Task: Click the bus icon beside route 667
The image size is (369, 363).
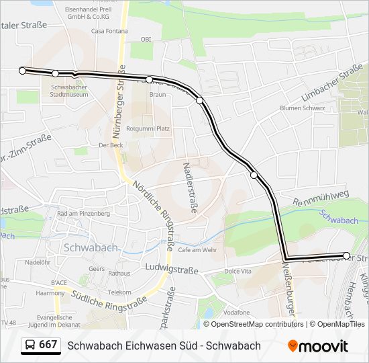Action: (30, 346)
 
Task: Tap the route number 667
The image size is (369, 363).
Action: (48, 345)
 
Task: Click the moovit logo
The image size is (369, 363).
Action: (318, 346)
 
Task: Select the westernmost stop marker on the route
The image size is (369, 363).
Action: (23, 71)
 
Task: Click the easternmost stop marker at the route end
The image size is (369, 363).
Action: (346, 255)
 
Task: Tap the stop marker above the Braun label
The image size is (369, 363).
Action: (150, 79)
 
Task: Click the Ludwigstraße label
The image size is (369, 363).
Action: (171, 270)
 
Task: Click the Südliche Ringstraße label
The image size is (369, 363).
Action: (118, 303)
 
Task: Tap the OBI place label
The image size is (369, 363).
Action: (146, 39)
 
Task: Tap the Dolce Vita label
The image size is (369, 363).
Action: (237, 271)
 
